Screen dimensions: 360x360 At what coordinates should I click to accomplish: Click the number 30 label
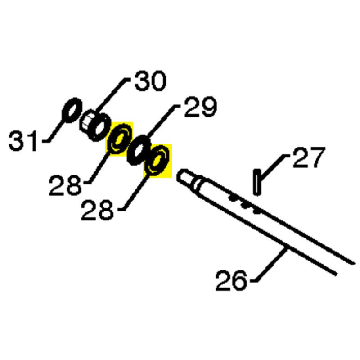pos(150,81)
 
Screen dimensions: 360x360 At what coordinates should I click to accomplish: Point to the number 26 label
pos(231,280)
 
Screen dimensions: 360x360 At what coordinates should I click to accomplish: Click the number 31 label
pos(22,141)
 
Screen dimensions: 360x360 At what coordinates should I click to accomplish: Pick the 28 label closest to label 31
pos(65,185)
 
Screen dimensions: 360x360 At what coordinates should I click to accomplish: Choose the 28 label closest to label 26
pos(97,210)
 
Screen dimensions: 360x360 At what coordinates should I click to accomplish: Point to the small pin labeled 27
pos(257,183)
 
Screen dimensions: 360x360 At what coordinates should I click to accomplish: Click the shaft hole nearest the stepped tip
pos(233,198)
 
